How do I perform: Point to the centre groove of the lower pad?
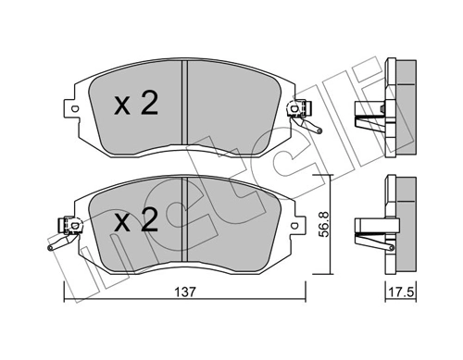186,218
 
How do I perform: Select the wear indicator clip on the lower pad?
62,231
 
